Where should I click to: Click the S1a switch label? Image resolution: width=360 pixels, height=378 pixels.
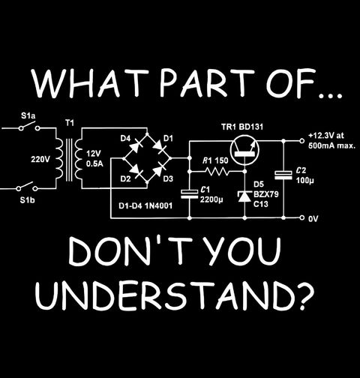pos(28,116)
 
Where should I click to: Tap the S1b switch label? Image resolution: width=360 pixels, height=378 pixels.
pos(27,200)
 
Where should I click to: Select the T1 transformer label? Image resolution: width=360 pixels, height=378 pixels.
pos(70,123)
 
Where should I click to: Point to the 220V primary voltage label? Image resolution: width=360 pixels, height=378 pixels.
pos(40,159)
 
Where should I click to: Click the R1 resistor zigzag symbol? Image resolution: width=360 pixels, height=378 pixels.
pos(217,171)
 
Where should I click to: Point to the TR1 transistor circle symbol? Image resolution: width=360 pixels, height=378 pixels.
pos(244,150)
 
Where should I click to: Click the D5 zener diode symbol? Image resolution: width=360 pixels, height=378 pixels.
pos(244,196)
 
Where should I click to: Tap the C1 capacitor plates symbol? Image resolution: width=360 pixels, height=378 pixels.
pos(189,194)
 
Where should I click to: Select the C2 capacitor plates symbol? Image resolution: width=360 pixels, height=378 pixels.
pos(283,175)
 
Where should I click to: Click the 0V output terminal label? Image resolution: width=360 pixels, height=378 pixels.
pos(313,219)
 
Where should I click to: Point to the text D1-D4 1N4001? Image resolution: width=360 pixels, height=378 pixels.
pos(145,205)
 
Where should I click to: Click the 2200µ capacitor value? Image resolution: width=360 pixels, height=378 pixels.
pos(211,199)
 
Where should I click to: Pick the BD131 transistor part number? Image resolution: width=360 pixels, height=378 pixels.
pos(251,127)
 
